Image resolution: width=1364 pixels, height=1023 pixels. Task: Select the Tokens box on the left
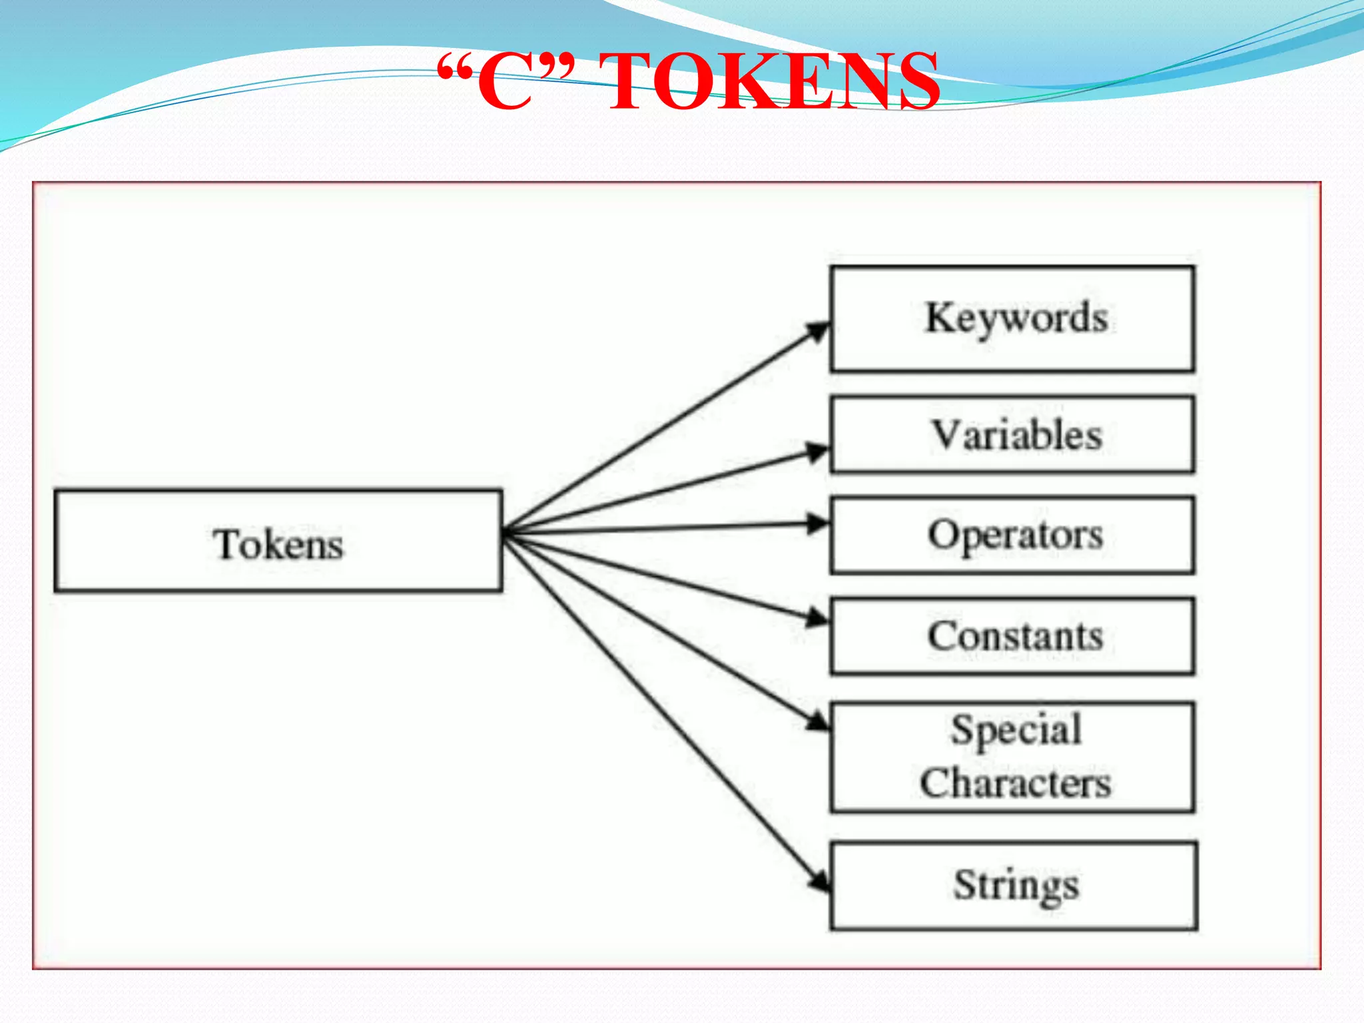278,541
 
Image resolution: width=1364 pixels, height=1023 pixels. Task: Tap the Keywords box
1012,319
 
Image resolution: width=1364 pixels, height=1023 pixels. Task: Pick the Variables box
1012,435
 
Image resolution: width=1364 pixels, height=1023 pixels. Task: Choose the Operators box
1012,535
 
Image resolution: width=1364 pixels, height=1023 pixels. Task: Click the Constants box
1012,636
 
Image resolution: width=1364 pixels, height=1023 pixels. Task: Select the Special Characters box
1012,757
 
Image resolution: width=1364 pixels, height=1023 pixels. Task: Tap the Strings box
1014,886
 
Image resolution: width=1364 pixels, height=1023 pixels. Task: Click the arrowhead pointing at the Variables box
818,452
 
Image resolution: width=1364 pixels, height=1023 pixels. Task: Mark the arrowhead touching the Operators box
818,523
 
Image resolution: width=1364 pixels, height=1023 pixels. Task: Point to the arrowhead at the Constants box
818,619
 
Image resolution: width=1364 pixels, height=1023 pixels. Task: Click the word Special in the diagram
1016,730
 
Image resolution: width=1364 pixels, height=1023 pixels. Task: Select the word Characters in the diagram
1015,783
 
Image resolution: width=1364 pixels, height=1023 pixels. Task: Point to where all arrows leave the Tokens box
505,533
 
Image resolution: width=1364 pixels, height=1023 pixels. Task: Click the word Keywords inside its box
1016,318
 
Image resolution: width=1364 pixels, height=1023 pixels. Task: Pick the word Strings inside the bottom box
1016,886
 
